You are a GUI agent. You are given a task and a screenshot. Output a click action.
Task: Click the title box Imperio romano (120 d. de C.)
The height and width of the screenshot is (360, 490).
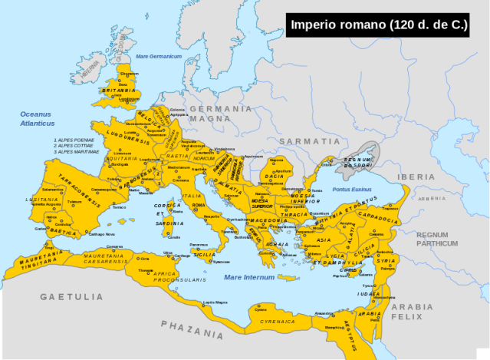tap(379, 25)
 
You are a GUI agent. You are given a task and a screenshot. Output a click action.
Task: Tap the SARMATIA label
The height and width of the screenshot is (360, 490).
tap(309, 141)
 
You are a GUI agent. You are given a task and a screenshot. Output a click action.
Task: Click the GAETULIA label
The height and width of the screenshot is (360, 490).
tap(71, 296)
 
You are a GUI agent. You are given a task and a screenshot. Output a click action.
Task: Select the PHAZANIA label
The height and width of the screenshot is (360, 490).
tap(192, 329)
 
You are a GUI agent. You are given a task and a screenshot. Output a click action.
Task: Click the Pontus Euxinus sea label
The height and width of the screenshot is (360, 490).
tap(352, 189)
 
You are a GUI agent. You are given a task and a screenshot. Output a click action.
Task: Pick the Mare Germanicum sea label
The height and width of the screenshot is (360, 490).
tap(157, 57)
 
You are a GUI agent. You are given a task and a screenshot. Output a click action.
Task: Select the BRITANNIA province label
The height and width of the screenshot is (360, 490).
tap(119, 90)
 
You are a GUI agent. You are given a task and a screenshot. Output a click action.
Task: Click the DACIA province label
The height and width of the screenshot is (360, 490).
tap(275, 177)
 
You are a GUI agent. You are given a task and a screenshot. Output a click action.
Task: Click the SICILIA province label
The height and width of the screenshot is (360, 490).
tap(203, 253)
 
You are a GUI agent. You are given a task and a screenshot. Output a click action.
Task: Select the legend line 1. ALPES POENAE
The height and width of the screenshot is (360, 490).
tap(74, 140)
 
